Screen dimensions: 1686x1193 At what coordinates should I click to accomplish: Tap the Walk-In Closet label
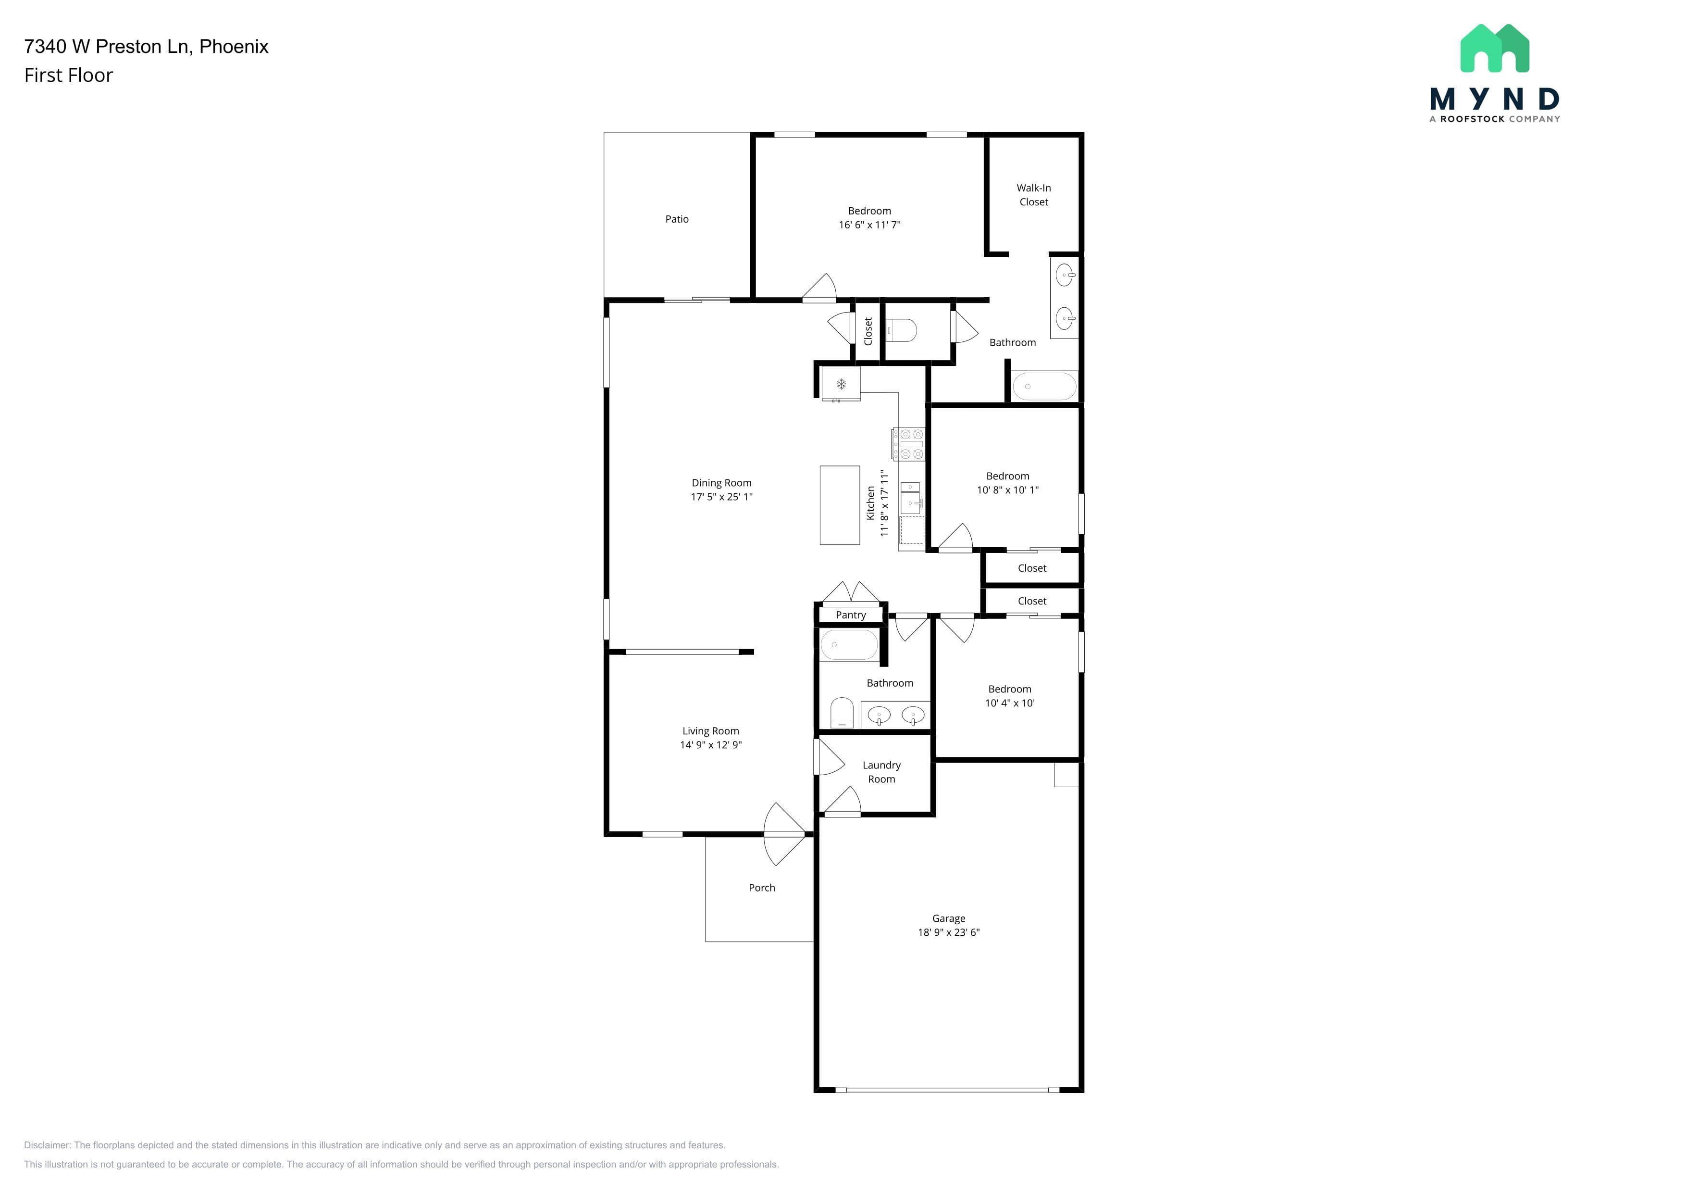coord(1033,195)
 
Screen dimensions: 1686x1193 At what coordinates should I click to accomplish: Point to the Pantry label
coord(850,615)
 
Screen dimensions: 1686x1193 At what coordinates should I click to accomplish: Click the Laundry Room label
coord(881,772)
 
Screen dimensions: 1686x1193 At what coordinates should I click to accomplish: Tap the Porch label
coord(761,887)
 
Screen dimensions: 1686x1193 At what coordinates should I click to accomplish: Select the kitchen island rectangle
coord(839,505)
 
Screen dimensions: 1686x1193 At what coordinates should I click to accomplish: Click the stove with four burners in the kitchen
coord(907,444)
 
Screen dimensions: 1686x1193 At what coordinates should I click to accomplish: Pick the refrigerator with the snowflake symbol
coord(841,384)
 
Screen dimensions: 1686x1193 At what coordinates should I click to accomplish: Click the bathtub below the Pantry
coord(849,645)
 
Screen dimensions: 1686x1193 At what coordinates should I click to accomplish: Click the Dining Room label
coord(721,483)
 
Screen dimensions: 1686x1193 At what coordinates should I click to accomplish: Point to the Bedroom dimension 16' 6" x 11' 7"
coord(869,225)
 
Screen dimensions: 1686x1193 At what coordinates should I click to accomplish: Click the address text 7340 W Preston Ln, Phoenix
coord(146,46)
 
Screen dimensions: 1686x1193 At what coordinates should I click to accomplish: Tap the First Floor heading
coord(68,75)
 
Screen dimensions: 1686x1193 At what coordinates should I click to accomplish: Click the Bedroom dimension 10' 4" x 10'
coord(1010,703)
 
